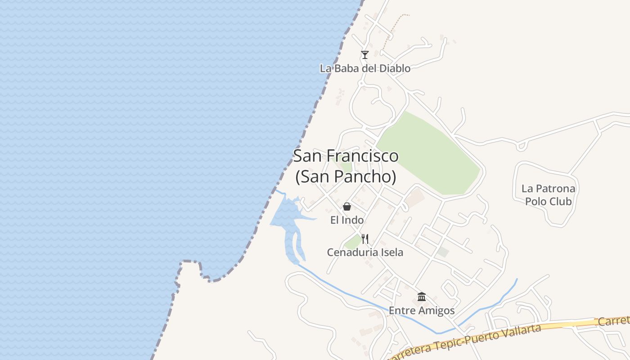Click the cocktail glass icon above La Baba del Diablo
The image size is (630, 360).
tap(365, 55)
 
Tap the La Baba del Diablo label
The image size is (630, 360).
tap(365, 68)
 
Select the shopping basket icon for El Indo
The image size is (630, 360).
tap(347, 207)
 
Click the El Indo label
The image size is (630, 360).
tap(347, 220)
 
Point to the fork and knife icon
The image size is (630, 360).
tap(365, 239)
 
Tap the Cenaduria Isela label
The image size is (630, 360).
tap(365, 252)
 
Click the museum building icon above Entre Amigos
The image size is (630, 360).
tap(422, 297)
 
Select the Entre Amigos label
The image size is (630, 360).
tap(422, 310)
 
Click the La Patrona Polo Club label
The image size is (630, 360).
tap(548, 195)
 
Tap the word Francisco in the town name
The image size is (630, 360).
tap(362, 156)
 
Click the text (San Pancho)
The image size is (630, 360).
tap(346, 177)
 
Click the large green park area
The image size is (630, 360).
tap(427, 153)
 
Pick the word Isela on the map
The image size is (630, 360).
tap(391, 252)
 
